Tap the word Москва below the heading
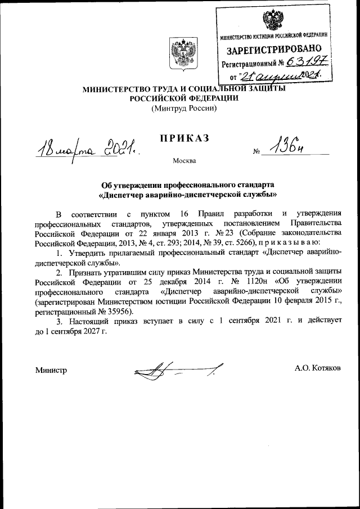[184, 161]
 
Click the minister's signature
[174, 371]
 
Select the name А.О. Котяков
[317, 369]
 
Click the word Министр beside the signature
[51, 370]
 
